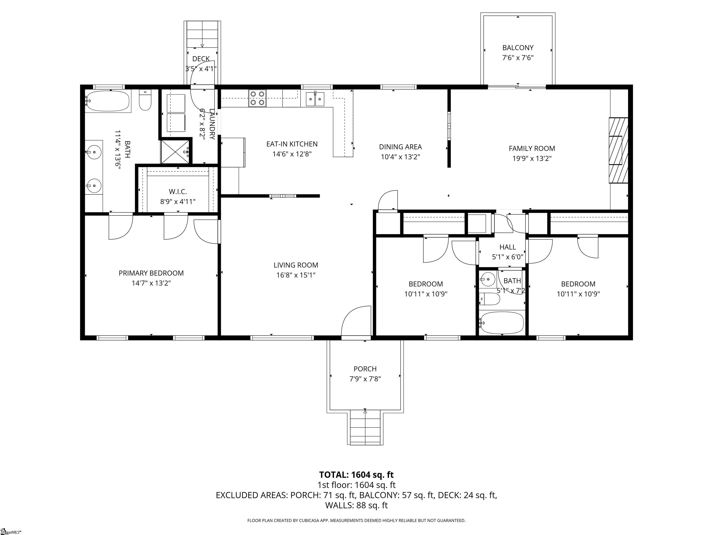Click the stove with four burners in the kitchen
[257, 98]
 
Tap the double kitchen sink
[315, 98]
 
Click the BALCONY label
[518, 48]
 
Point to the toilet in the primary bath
[145, 100]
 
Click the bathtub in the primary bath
[108, 101]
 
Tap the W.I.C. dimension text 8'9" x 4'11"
[178, 202]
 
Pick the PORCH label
[365, 369]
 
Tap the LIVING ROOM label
[296, 265]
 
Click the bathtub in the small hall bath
[502, 323]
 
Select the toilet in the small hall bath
[489, 299]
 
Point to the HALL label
[507, 247]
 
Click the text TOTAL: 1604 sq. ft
[356, 475]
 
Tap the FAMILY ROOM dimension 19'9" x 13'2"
[532, 158]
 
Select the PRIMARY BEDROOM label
[151, 273]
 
